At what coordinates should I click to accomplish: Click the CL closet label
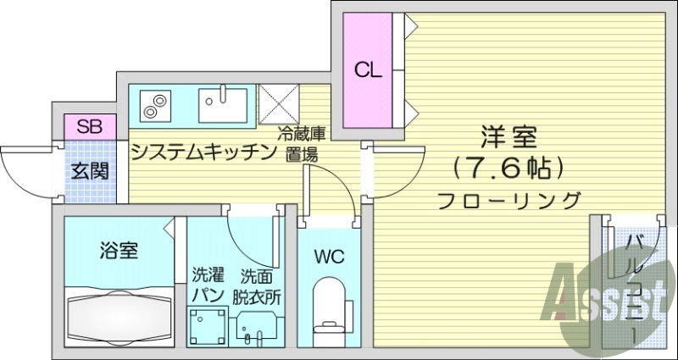pos(368,69)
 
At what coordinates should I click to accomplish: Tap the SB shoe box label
pos(89,128)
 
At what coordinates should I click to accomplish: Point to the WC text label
pos(329,257)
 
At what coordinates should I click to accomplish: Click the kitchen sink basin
pos(223,106)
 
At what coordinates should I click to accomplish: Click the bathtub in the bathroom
pos(119,315)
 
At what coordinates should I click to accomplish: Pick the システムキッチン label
pos(204,152)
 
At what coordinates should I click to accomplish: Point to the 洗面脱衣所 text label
pos(258,285)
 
